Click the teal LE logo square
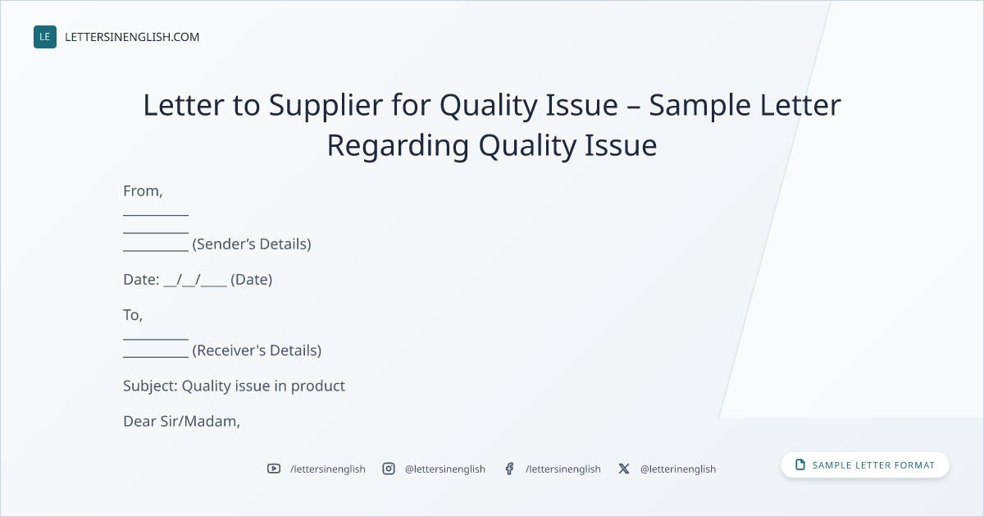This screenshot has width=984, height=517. point(45,37)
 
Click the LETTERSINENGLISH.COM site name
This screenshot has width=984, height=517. point(132,37)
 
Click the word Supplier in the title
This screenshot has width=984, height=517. point(326,106)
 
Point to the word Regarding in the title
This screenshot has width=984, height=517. point(398,146)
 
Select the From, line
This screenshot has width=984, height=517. point(143,191)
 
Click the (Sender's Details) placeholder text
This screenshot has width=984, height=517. point(252,244)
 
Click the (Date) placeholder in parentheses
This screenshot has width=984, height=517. point(251,280)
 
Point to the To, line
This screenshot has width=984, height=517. point(133,315)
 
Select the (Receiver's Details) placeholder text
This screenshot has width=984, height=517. point(257,350)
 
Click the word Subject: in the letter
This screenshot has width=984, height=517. point(150,386)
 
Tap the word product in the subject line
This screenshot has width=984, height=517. point(318,387)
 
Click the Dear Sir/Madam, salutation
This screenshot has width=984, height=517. point(181,422)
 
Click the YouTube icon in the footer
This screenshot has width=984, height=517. point(274,469)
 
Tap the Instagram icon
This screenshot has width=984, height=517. point(389,469)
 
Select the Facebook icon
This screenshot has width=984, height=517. point(509,469)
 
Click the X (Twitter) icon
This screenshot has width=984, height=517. point(624,469)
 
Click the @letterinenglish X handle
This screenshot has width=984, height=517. point(678,469)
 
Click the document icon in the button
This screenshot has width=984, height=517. point(800,464)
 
